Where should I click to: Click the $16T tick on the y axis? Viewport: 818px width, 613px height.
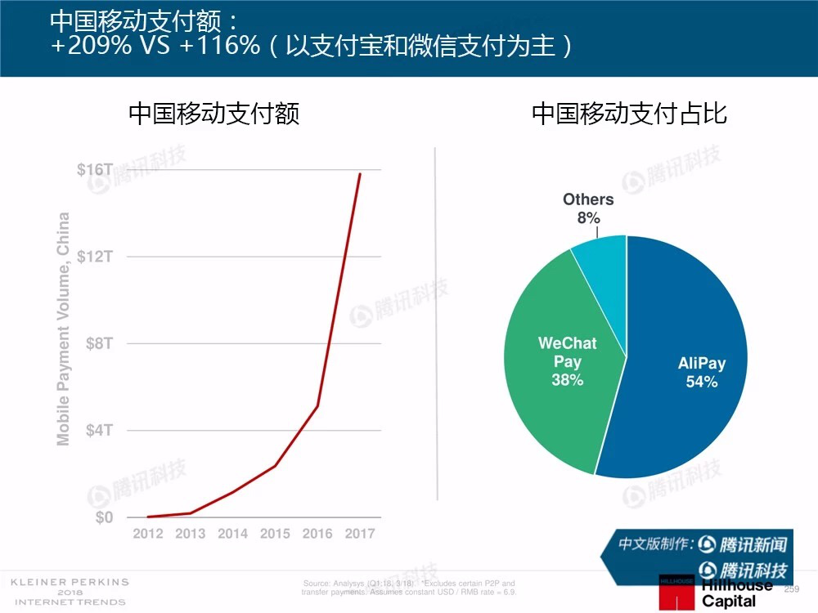point(95,169)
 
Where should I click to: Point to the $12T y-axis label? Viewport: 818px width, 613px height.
point(95,257)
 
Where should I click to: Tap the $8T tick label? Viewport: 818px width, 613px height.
point(99,343)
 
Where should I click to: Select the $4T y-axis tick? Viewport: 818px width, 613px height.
point(99,430)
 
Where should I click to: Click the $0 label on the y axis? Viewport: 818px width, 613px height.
point(103,517)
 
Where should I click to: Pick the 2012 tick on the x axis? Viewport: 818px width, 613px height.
point(148,534)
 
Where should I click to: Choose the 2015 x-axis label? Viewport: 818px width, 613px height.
point(275,534)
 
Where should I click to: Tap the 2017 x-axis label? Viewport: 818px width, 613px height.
point(359,534)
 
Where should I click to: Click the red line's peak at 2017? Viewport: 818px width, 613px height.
point(359,173)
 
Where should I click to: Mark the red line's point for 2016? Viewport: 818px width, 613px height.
point(317,406)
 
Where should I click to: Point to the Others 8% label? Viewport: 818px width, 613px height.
point(588,208)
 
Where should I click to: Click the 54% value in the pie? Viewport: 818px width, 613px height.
point(702,382)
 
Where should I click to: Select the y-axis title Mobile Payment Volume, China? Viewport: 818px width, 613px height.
point(63,329)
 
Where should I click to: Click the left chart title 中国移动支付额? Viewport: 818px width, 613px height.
point(214,113)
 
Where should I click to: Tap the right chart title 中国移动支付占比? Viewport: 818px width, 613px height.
point(629,113)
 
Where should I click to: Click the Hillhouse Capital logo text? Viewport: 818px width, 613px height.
point(736,593)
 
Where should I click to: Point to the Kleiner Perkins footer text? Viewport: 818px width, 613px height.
point(70,592)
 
